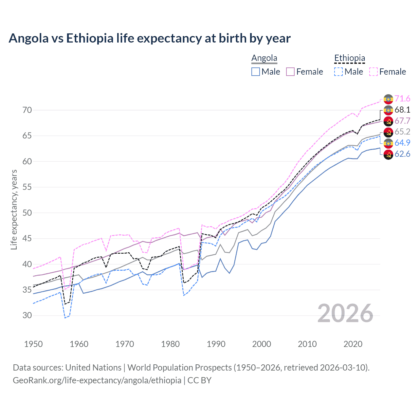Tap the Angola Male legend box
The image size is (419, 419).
[256, 72]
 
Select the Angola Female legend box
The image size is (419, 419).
[290, 72]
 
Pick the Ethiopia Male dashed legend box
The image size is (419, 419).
[338, 72]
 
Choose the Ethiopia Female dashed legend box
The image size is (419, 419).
[373, 72]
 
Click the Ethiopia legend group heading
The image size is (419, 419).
[349, 58]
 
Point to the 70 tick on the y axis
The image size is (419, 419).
[27, 110]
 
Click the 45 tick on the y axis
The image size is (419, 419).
[27, 239]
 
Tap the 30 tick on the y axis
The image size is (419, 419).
[27, 316]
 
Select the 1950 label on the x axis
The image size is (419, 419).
[33, 344]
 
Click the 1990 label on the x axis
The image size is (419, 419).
[216, 344]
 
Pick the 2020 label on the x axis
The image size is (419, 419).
[353, 344]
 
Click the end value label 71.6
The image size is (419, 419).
[402, 99]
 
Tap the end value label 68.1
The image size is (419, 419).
[402, 110]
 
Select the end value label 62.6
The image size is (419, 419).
[402, 154]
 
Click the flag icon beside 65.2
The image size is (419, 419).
[388, 132]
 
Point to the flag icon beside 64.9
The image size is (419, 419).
[388, 143]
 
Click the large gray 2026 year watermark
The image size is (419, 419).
[345, 313]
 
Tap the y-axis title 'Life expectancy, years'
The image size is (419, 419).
[14, 209]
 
